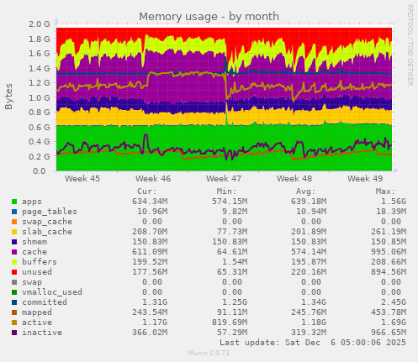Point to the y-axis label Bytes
coord(9,97)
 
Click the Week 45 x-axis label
coord(82,179)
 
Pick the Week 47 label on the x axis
coord(225,179)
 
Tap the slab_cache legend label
coord(47,230)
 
